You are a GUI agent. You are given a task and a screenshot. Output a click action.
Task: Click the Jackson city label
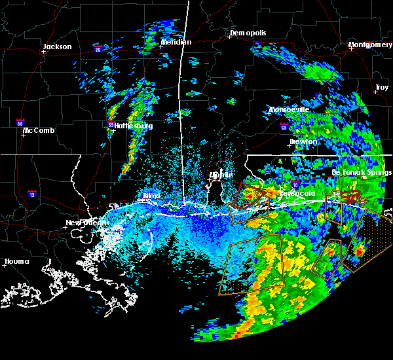tap(57, 46)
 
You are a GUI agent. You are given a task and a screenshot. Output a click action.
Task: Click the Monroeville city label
tap(289, 109)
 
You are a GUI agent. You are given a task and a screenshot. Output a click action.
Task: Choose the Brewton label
tap(303, 141)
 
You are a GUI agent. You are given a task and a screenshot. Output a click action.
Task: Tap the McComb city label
tap(39, 130)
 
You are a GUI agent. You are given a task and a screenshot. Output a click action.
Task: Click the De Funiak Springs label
tap(362, 173)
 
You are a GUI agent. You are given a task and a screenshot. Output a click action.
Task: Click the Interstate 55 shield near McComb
tap(21, 122)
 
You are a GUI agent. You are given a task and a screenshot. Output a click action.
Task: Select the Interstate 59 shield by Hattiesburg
tap(110, 124)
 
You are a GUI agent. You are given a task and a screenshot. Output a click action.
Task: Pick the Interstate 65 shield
tap(283, 126)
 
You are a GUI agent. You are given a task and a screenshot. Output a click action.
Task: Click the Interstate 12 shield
tap(31, 194)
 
